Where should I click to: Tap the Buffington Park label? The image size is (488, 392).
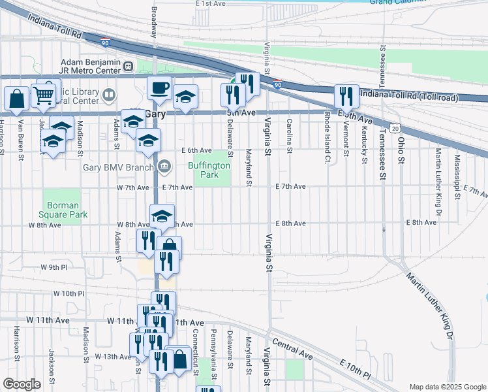pos(209,171)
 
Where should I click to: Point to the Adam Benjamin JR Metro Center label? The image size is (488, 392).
pos(89,65)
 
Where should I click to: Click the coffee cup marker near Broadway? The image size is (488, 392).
pos(159,88)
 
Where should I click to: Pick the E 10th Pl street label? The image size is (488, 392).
pos(354,370)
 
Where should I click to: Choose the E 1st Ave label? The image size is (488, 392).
pos(210,3)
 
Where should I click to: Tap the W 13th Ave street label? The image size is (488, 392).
pos(113,357)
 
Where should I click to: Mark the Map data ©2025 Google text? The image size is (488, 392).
pos(447,387)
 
